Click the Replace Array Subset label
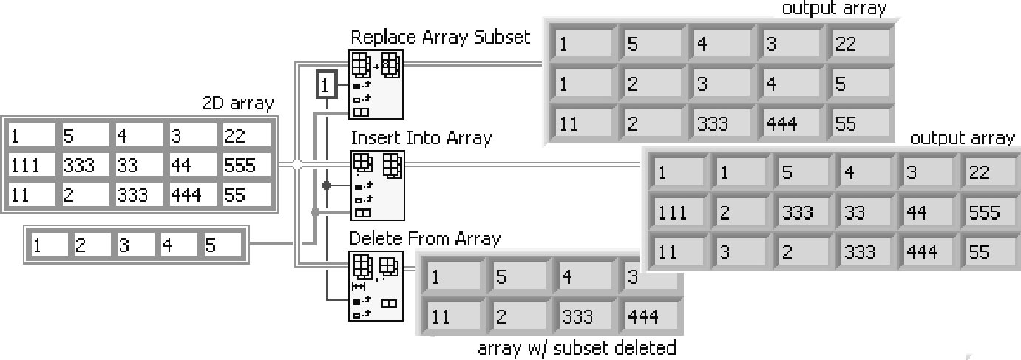[x=440, y=37]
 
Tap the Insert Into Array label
[x=421, y=138]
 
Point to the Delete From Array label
[x=424, y=239]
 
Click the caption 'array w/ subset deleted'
[x=577, y=347]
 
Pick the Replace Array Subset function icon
[x=376, y=84]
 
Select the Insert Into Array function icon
[x=376, y=185]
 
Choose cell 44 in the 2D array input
[x=193, y=165]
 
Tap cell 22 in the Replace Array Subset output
[x=856, y=44]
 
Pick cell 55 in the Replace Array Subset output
[x=856, y=123]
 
